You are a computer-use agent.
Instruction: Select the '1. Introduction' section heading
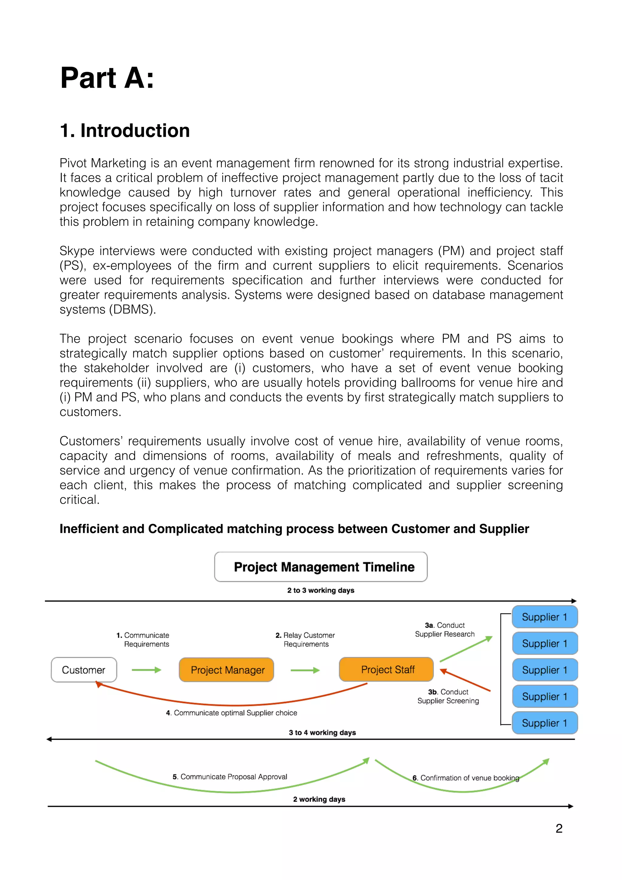pyautogui.click(x=125, y=131)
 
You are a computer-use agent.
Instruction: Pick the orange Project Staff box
pyautogui.click(x=386, y=670)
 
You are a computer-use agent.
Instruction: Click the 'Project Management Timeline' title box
pyautogui.click(x=321, y=567)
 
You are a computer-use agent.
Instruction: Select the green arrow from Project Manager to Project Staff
pyautogui.click(x=305, y=670)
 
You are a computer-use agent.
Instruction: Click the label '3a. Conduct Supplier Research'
pyautogui.click(x=445, y=630)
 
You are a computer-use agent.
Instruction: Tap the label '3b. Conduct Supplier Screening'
pyautogui.click(x=448, y=696)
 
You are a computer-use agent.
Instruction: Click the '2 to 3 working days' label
pyautogui.click(x=321, y=590)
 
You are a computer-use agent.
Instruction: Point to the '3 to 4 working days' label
pyautogui.click(x=322, y=732)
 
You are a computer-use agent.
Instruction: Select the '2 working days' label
pyautogui.click(x=319, y=799)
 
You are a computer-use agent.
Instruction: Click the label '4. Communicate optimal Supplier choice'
pyautogui.click(x=231, y=713)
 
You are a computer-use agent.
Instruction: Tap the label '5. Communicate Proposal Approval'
pyautogui.click(x=230, y=776)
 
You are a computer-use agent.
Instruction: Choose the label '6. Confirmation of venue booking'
pyautogui.click(x=466, y=778)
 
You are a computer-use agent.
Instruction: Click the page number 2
pyautogui.click(x=559, y=829)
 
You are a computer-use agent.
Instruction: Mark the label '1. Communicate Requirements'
pyautogui.click(x=143, y=640)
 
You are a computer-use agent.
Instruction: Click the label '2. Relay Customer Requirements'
pyautogui.click(x=306, y=640)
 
